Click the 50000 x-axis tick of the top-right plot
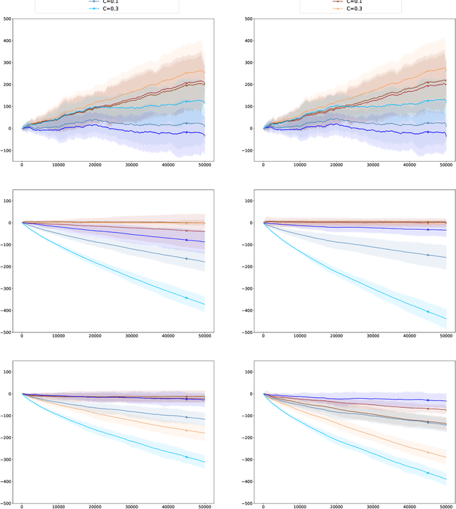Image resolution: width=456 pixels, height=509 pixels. pos(446,166)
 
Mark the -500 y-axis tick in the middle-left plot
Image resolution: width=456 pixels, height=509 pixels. pos(6,332)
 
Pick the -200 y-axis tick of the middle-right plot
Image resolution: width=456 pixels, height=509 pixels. pos(248,267)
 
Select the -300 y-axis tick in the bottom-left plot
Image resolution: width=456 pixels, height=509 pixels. pos(6,460)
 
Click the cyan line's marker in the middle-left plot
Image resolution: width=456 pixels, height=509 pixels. pos(187,298)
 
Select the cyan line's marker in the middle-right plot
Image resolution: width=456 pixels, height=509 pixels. pos(428,311)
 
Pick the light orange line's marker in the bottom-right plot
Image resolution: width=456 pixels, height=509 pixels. pos(428,451)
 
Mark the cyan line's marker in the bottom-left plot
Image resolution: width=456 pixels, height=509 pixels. pos(187,457)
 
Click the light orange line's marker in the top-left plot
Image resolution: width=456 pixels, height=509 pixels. pos(187,73)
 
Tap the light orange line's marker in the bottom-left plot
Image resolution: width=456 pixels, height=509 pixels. pos(187,430)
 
